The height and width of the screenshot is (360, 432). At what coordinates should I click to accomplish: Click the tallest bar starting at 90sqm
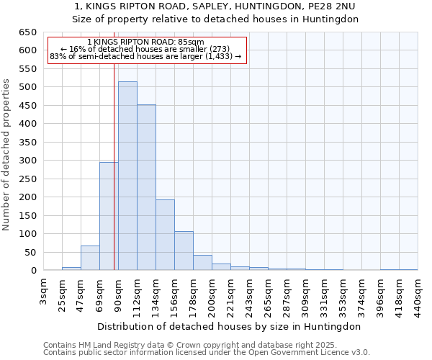tap(127, 176)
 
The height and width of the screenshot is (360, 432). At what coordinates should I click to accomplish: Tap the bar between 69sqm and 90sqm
tap(109, 216)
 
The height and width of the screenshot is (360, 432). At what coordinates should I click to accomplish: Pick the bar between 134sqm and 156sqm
tap(165, 235)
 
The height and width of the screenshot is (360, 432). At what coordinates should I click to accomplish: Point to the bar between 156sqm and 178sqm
tap(184, 251)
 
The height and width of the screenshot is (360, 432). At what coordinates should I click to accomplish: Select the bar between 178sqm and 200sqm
tap(202, 263)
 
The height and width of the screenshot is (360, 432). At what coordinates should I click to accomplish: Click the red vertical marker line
tap(114, 166)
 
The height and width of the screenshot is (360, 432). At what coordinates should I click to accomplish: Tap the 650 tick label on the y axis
tap(27, 32)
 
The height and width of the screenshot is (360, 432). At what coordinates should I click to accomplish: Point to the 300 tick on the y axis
tap(27, 161)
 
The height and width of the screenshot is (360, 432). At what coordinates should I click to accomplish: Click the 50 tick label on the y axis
tap(30, 252)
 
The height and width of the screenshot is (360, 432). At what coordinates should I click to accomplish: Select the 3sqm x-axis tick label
tap(43, 292)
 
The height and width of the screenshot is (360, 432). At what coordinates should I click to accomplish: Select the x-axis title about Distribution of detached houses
tap(230, 326)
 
